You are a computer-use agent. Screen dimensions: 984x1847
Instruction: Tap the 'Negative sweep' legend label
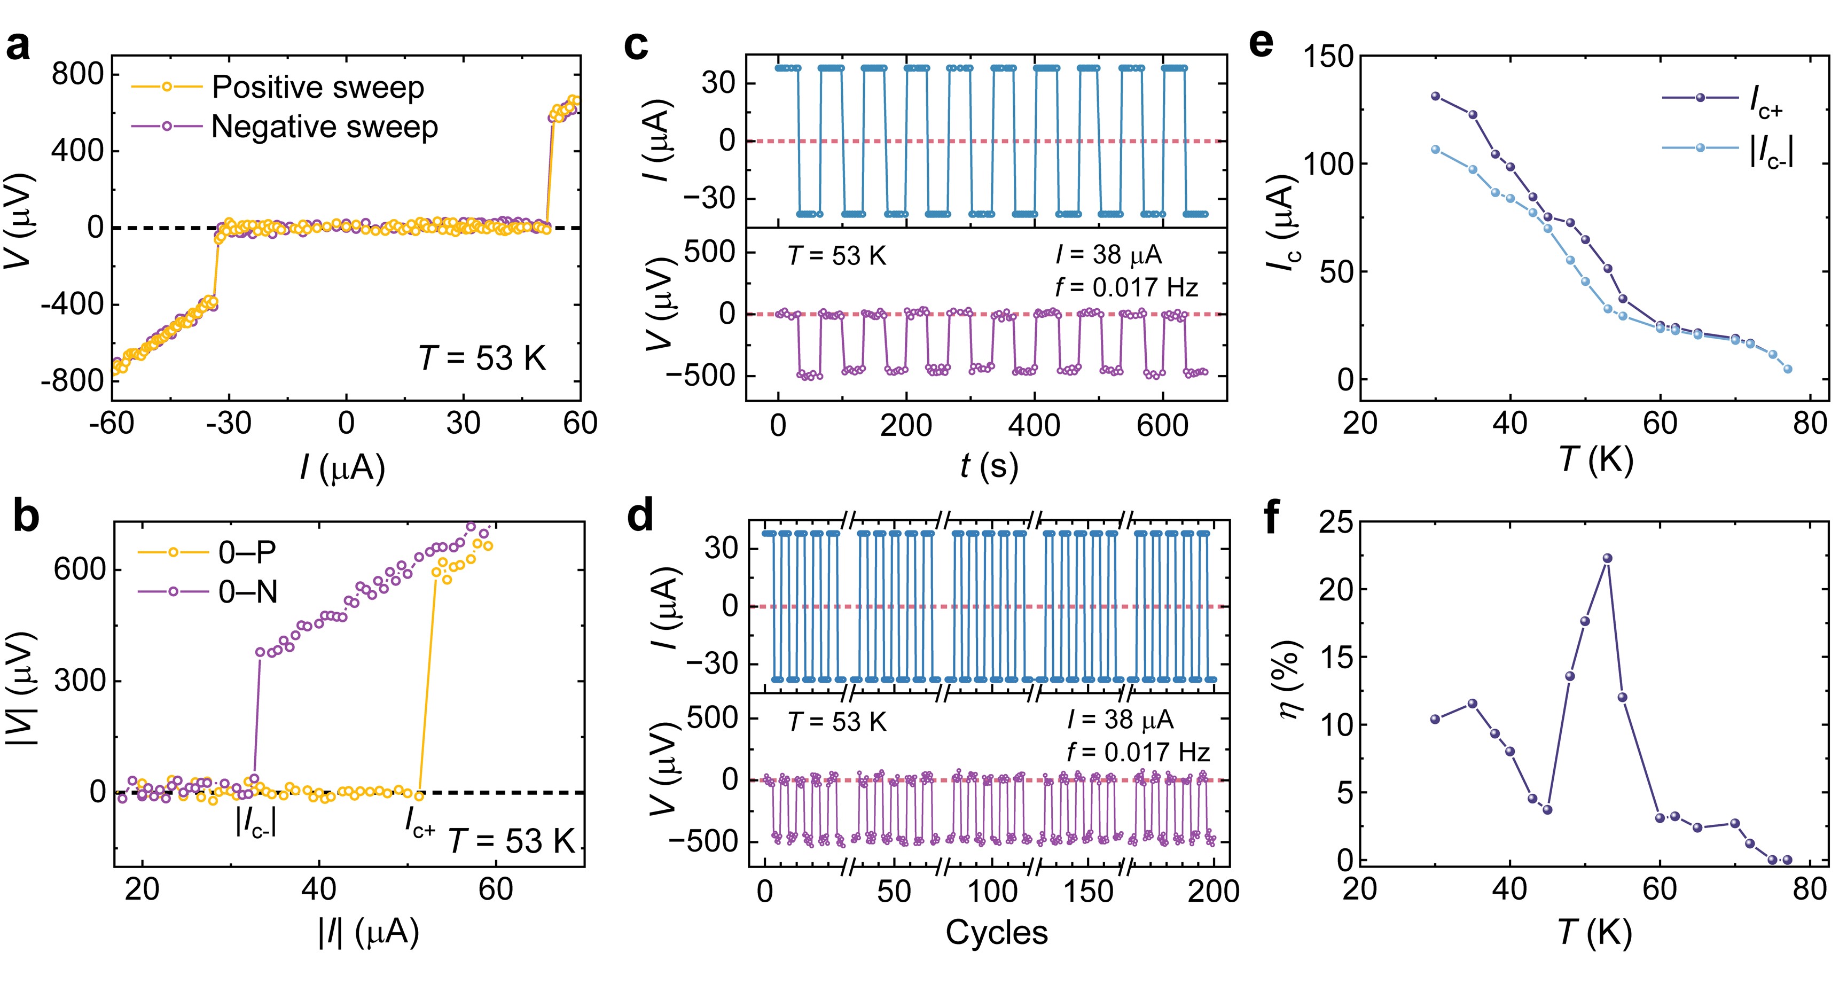(324, 127)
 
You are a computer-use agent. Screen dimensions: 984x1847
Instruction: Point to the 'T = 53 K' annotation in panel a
(482, 357)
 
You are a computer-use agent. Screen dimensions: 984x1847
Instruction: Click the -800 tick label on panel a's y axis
(72, 381)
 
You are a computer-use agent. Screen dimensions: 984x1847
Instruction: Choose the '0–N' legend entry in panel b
(247, 592)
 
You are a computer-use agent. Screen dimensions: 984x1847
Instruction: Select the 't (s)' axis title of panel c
(989, 466)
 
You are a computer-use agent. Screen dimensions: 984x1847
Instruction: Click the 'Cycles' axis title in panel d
(996, 932)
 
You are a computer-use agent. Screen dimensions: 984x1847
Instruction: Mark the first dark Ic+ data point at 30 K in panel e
(1435, 96)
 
